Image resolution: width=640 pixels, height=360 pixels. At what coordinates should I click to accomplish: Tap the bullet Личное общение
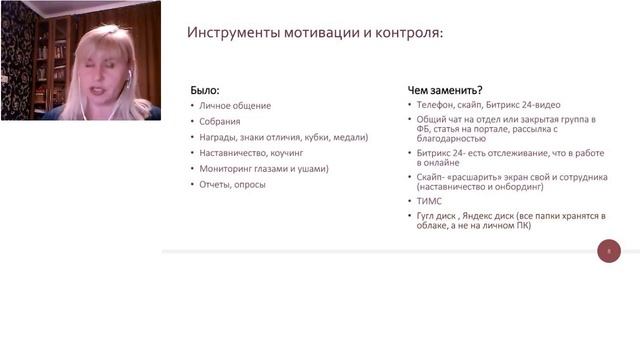pyautogui.click(x=234, y=105)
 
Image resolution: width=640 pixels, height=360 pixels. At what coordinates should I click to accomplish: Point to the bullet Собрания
pyautogui.click(x=219, y=121)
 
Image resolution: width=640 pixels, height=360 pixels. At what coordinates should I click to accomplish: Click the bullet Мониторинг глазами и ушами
pyautogui.click(x=263, y=169)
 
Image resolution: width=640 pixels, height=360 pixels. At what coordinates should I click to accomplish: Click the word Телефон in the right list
pyautogui.click(x=436, y=104)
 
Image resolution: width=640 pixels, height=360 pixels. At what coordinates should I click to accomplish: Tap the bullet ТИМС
pyautogui.click(x=428, y=200)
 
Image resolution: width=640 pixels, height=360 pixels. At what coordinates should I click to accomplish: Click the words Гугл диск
pyautogui.click(x=440, y=215)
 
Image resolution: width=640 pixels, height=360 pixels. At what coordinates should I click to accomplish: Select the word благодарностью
pyautogui.click(x=451, y=140)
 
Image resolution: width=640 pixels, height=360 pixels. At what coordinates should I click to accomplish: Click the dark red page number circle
pyautogui.click(x=609, y=251)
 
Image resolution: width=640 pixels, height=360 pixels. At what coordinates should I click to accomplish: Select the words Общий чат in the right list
pyautogui.click(x=438, y=119)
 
